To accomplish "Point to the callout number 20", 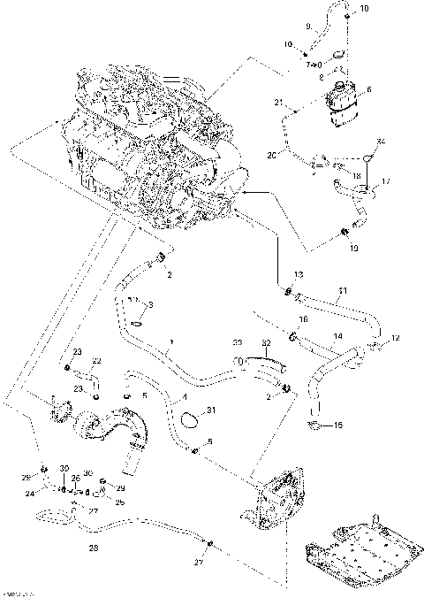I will pyautogui.click(x=272, y=155).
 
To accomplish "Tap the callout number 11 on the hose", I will pyautogui.click(x=343, y=289).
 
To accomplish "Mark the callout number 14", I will pyautogui.click(x=337, y=337).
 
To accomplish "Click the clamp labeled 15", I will pyautogui.click(x=314, y=428).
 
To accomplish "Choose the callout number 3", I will pyautogui.click(x=150, y=305).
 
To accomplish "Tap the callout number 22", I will pyautogui.click(x=97, y=360).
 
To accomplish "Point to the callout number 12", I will pyautogui.click(x=396, y=338).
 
